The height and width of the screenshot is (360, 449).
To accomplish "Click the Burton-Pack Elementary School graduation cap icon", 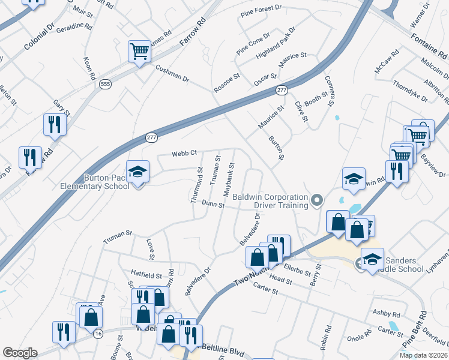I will click(x=137, y=172).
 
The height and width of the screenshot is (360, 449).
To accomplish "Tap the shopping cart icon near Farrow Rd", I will click(x=139, y=51).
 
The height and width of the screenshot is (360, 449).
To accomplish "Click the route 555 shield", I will click(x=106, y=85).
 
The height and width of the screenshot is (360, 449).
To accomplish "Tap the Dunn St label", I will click(x=212, y=205).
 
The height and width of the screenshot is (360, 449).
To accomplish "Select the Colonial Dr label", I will click(x=39, y=37).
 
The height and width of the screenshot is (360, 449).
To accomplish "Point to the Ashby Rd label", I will click(x=386, y=314).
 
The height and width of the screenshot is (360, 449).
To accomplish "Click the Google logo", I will click(x=20, y=353).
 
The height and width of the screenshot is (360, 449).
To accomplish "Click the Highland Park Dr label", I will click(x=276, y=41).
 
